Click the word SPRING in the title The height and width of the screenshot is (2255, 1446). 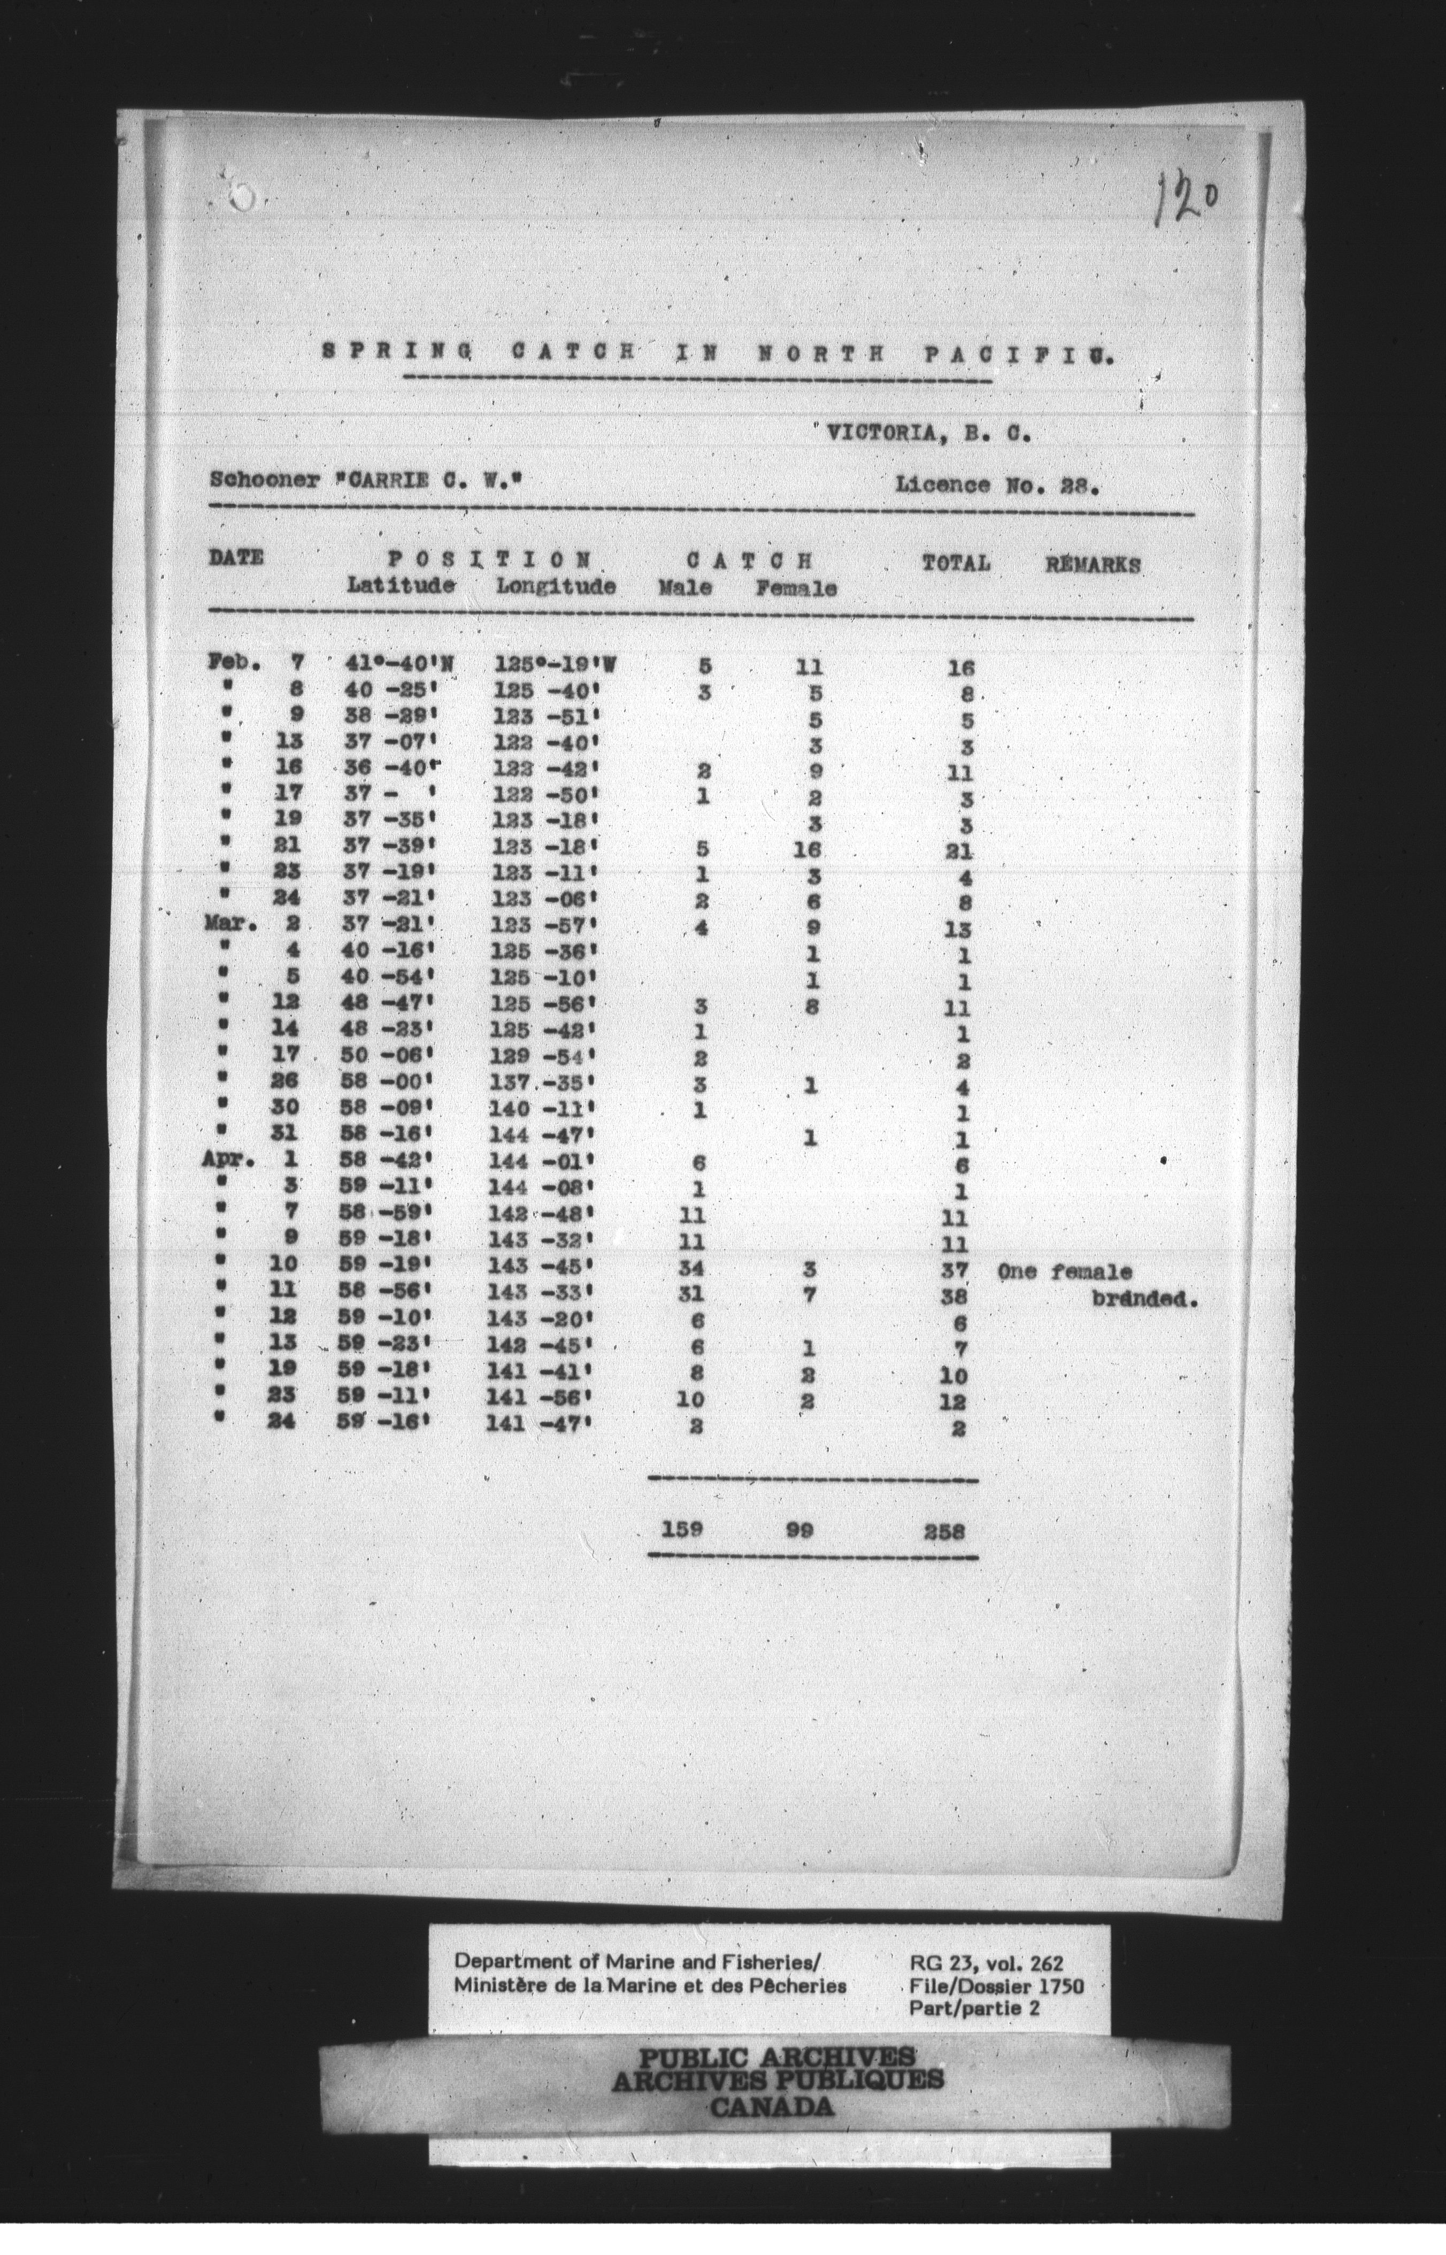click(x=396, y=353)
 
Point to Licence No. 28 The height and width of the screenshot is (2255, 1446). click(x=997, y=487)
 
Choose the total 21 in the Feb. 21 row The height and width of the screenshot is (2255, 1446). click(x=959, y=853)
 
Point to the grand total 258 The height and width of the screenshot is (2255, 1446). click(x=944, y=1532)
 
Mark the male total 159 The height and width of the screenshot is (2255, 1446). click(x=682, y=1529)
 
